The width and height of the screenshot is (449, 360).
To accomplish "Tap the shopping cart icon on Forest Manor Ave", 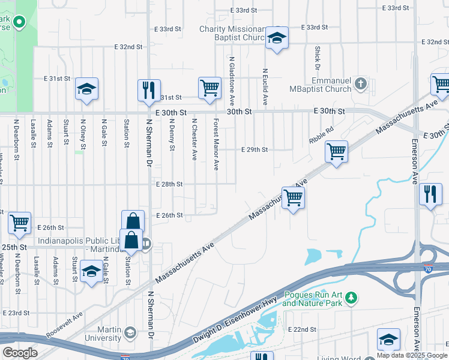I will [x=209, y=88].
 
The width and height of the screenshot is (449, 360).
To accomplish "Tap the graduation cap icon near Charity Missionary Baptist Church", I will [x=276, y=38].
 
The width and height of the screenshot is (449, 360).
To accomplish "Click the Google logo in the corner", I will [x=20, y=352].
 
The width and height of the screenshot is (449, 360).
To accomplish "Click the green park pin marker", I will [x=19, y=23].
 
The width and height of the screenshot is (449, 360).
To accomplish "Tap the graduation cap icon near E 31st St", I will [x=86, y=90].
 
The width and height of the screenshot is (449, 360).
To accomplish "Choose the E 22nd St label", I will [x=302, y=330].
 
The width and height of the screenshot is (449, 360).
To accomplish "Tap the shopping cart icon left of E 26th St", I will [x=19, y=223].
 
